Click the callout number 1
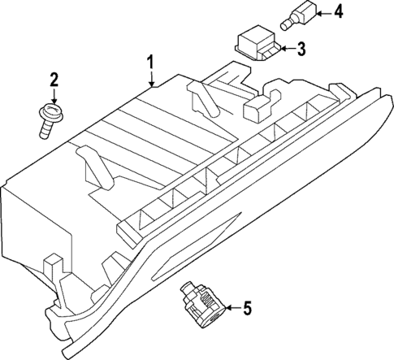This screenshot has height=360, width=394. point(150,62)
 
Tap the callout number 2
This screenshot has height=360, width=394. point(54,80)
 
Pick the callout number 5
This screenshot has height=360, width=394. point(247,308)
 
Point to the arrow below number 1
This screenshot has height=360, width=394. point(151,78)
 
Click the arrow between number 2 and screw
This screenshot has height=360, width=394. point(54,96)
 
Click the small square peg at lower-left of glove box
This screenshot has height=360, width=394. point(53,262)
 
